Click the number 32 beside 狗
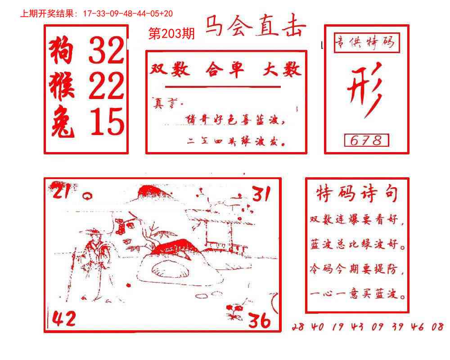pos(106,50)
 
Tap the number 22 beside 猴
pos(106,86)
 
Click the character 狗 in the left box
pos(61,50)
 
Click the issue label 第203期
pos(171,34)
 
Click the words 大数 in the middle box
pos(282,70)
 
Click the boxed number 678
pos(366,141)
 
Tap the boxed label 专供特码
pos(365,44)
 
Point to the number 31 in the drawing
pos(261,194)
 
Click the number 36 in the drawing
pos(260,320)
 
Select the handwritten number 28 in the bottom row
pos(298,327)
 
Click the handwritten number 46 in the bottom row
pos(417,327)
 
